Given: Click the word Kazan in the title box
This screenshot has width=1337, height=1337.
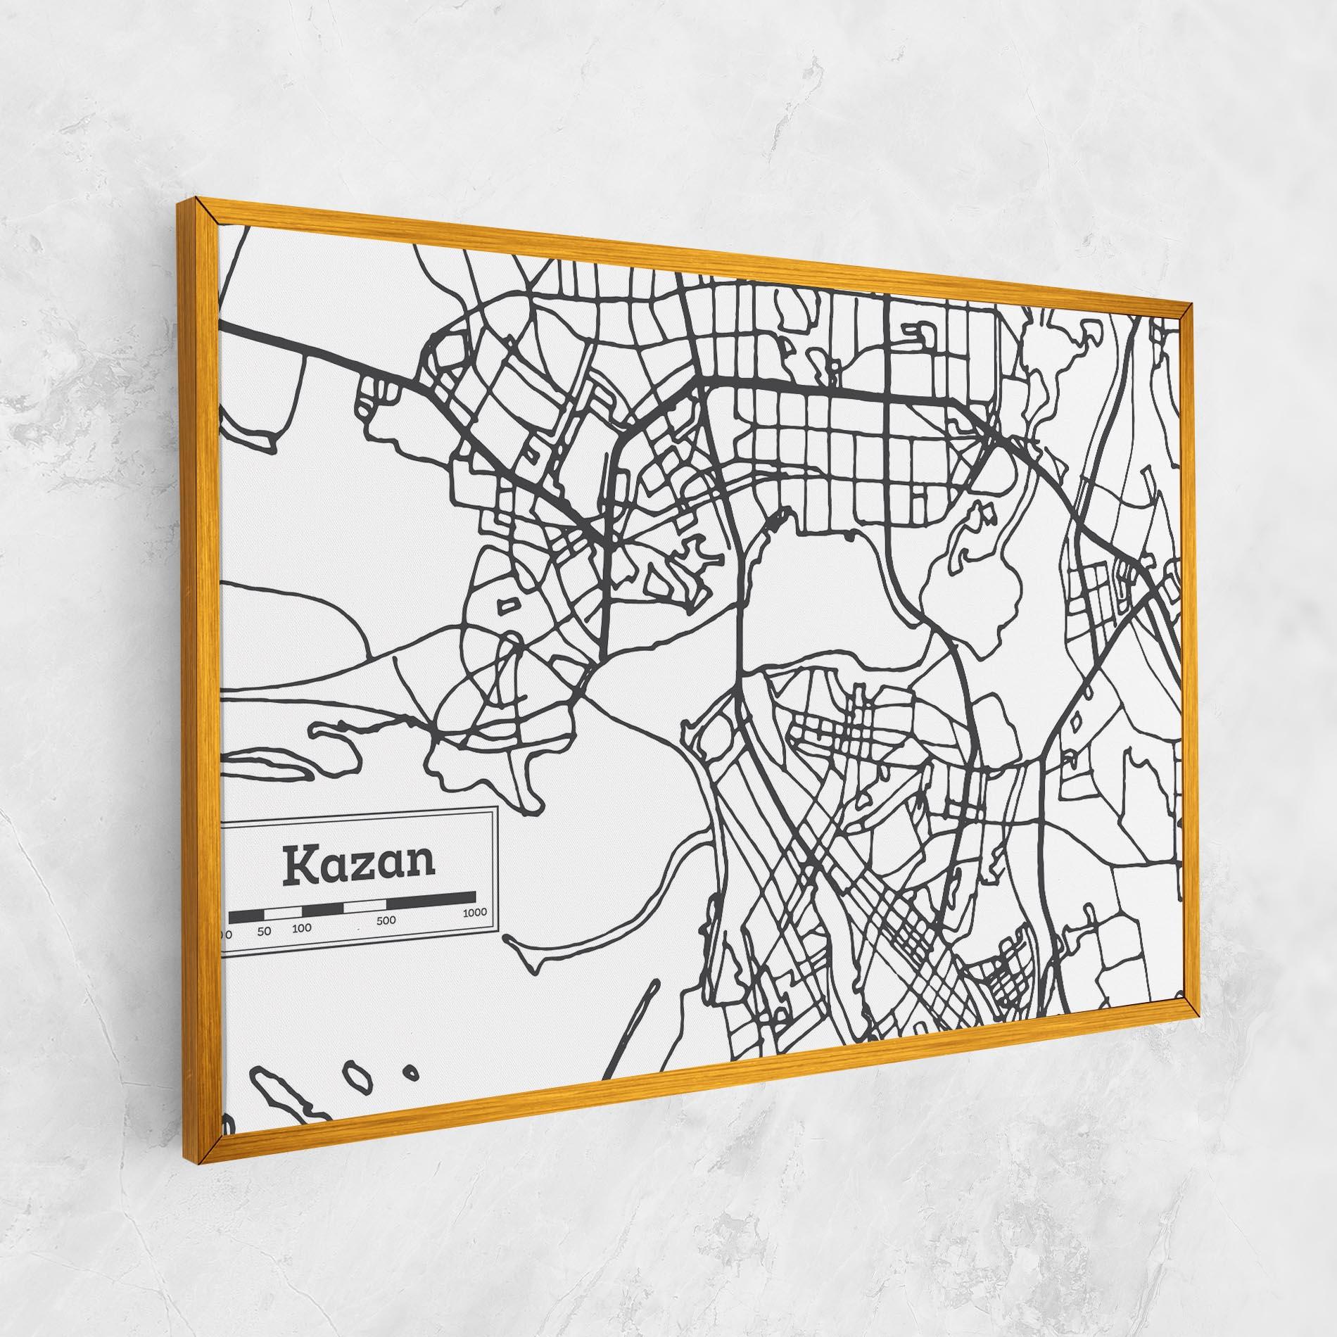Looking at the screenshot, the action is (359, 865).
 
